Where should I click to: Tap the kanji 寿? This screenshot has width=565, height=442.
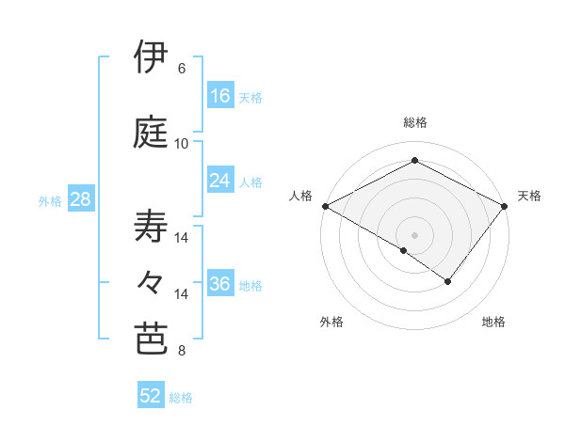152,227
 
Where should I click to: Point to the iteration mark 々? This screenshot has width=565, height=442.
152,281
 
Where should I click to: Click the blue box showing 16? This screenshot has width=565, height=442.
220,96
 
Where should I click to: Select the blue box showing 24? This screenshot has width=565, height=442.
220,181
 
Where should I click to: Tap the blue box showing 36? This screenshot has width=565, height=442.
220,285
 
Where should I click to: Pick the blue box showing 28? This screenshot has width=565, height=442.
80,199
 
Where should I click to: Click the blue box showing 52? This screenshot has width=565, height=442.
151,396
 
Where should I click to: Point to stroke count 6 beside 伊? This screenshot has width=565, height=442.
182,69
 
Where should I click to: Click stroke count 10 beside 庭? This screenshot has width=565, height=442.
182,144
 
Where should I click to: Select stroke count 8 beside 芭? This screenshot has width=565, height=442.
182,352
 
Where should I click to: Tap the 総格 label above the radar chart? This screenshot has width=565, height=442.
414,122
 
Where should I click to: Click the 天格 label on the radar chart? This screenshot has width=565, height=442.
529,196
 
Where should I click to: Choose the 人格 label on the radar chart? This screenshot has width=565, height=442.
301,196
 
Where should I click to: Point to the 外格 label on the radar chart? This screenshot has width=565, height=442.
331,323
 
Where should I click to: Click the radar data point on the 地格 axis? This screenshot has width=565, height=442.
448,281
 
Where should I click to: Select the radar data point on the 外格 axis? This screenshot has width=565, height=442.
404,250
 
